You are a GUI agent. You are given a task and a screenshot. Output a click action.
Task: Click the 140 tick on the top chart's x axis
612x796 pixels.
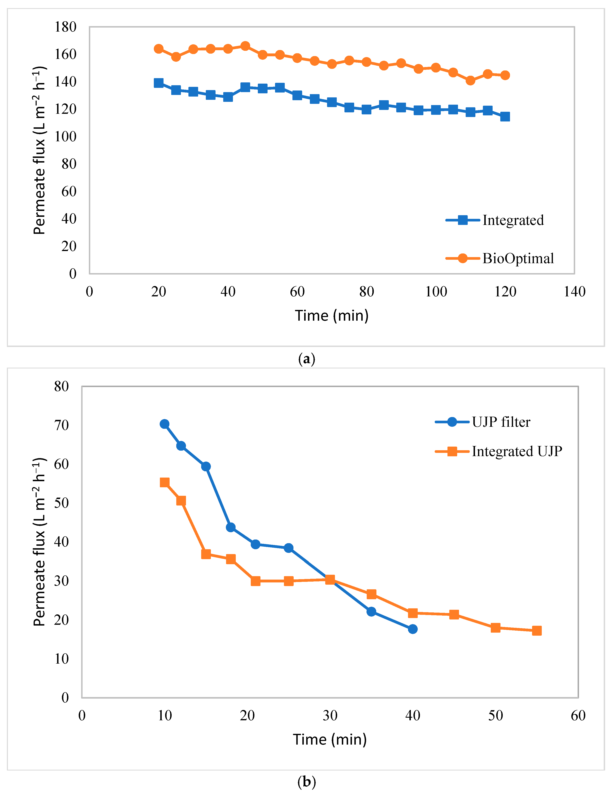pyautogui.click(x=575, y=292)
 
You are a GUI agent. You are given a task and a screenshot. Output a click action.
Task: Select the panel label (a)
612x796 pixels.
pyautogui.click(x=306, y=359)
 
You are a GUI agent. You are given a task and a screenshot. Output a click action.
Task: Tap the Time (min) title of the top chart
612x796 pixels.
pyautogui.click(x=331, y=315)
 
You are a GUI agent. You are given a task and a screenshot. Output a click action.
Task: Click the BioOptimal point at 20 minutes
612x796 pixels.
pyautogui.click(x=158, y=49)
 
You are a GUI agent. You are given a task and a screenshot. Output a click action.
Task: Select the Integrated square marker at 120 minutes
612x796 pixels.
pyautogui.click(x=505, y=117)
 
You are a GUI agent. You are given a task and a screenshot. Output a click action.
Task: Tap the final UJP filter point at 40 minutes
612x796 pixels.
pyautogui.click(x=412, y=629)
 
